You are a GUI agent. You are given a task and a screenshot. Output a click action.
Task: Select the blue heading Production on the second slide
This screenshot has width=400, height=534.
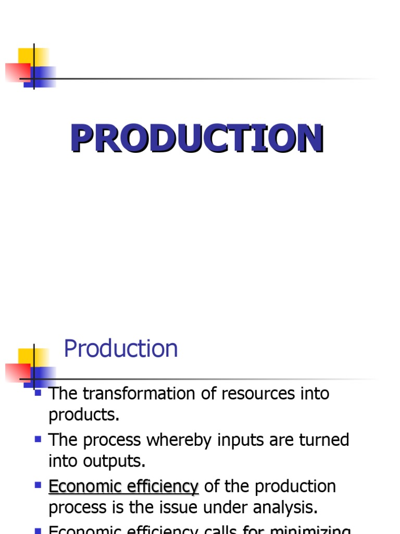[120, 348]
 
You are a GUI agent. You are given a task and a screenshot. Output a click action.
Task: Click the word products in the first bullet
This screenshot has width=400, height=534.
[83, 415]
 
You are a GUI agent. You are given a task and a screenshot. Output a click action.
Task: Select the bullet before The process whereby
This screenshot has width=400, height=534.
[37, 439]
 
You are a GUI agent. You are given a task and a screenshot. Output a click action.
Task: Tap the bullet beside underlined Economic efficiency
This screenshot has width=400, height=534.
[37, 485]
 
